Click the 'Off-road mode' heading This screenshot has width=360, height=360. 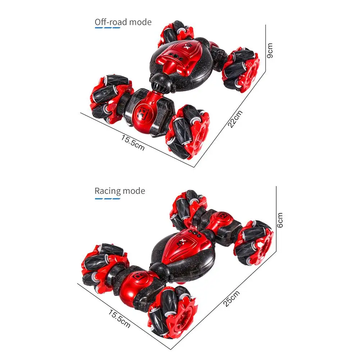(x=123, y=22)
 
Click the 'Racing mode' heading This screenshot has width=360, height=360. (x=120, y=191)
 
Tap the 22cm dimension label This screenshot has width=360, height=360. (x=235, y=119)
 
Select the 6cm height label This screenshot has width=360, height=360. (x=280, y=220)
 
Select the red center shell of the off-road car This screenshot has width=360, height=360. (x=174, y=59)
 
